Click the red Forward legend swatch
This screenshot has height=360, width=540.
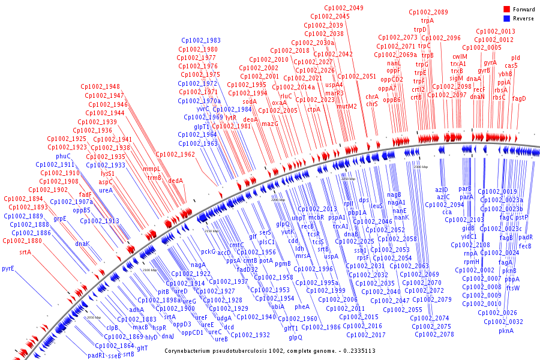click(506, 10)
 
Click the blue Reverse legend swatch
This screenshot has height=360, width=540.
click(506, 18)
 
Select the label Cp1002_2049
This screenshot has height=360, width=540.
click(343, 8)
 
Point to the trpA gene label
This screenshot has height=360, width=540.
click(427, 20)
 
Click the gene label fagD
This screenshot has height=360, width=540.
click(518, 98)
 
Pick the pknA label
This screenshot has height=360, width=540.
click(506, 331)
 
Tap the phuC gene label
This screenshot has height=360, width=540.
click(63, 156)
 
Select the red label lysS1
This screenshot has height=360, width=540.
click(107, 173)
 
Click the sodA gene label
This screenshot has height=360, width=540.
click(249, 102)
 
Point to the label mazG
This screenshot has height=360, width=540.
click(271, 124)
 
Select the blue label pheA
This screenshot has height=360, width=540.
click(302, 307)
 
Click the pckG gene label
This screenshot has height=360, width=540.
click(208, 251)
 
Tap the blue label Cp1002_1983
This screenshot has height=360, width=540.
click(201, 41)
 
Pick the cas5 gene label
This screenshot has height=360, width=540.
click(511, 66)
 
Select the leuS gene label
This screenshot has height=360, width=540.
click(376, 206)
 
